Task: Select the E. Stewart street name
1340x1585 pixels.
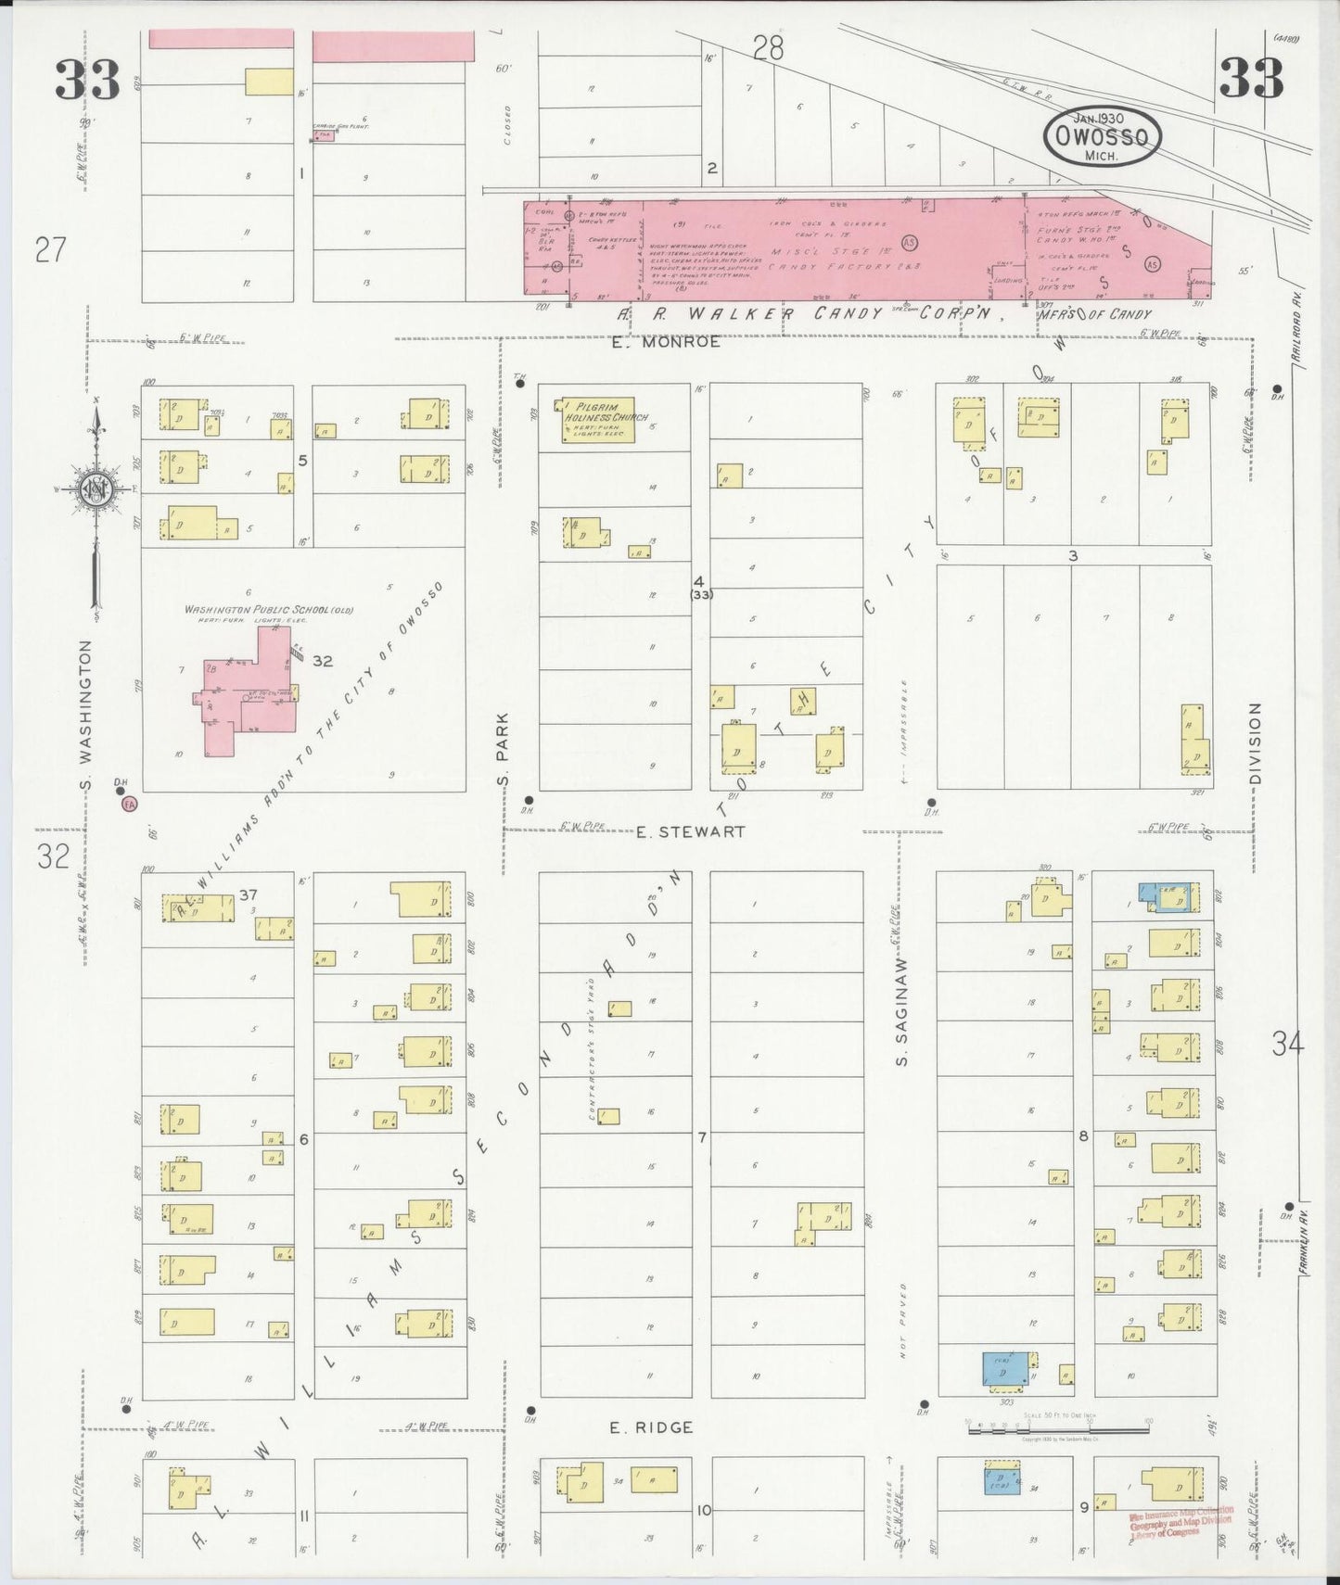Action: pyautogui.click(x=691, y=832)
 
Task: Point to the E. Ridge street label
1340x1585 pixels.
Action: pyautogui.click(x=651, y=1453)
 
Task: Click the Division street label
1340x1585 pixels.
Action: pyautogui.click(x=1256, y=743)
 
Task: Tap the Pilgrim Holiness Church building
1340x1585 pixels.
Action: pyautogui.click(x=595, y=419)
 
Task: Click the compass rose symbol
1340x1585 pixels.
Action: pyautogui.click(x=96, y=489)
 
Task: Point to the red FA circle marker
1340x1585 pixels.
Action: pyautogui.click(x=131, y=805)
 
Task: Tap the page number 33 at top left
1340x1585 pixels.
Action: pyautogui.click(x=87, y=79)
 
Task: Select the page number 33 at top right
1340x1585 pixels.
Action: pyautogui.click(x=1251, y=77)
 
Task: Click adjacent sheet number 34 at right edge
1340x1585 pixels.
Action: pyautogui.click(x=1288, y=1045)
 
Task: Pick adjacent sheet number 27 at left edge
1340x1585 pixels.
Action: pyautogui.click(x=50, y=249)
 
